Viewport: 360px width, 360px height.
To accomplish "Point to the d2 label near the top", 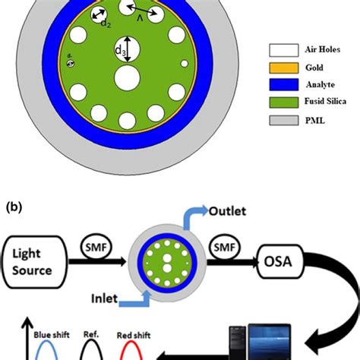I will tap(106, 22).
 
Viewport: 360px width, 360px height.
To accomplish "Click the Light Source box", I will tap(31, 264).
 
